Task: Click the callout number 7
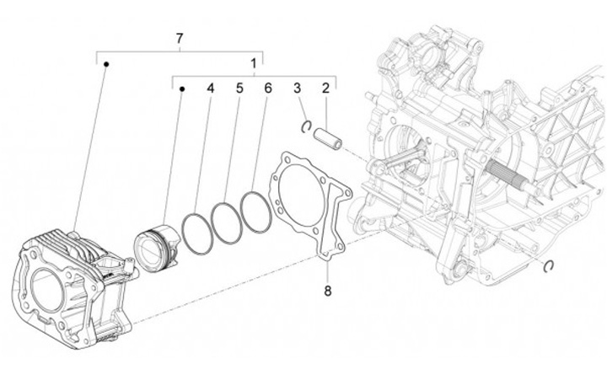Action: (x=179, y=39)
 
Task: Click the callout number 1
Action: (x=254, y=63)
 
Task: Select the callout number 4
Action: (x=211, y=88)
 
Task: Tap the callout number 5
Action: (x=239, y=88)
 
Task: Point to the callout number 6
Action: (x=267, y=88)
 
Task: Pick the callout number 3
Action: (x=297, y=88)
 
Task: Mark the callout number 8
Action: (x=328, y=292)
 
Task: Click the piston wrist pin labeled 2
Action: (x=327, y=137)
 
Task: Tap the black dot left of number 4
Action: (x=181, y=87)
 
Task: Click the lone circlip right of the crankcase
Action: (x=549, y=266)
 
